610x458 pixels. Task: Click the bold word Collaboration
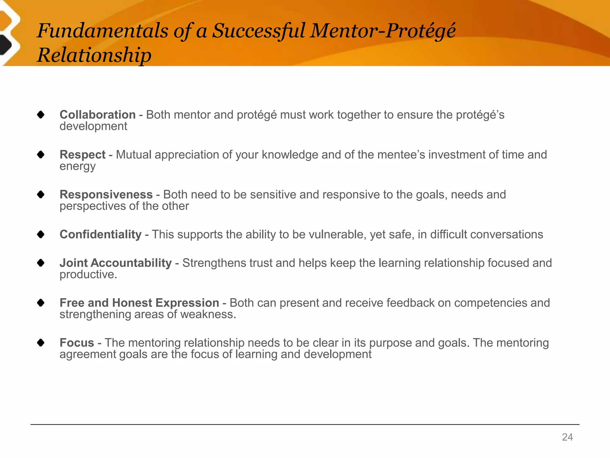[97, 115]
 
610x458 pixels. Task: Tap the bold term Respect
[83, 155]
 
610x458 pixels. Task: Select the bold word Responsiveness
[106, 195]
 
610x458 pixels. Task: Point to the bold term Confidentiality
[100, 235]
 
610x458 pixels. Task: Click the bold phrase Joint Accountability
[116, 263]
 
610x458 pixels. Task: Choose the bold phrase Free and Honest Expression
[139, 303]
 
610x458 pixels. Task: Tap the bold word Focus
[77, 343]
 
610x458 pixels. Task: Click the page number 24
[567, 437]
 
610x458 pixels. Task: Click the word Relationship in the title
[94, 55]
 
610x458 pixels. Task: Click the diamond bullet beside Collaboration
[41, 115]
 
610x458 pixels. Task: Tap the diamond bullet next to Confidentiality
[41, 235]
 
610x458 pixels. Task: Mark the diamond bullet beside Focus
[41, 343]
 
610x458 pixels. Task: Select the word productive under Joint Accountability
[88, 275]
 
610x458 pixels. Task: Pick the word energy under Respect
[77, 166]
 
